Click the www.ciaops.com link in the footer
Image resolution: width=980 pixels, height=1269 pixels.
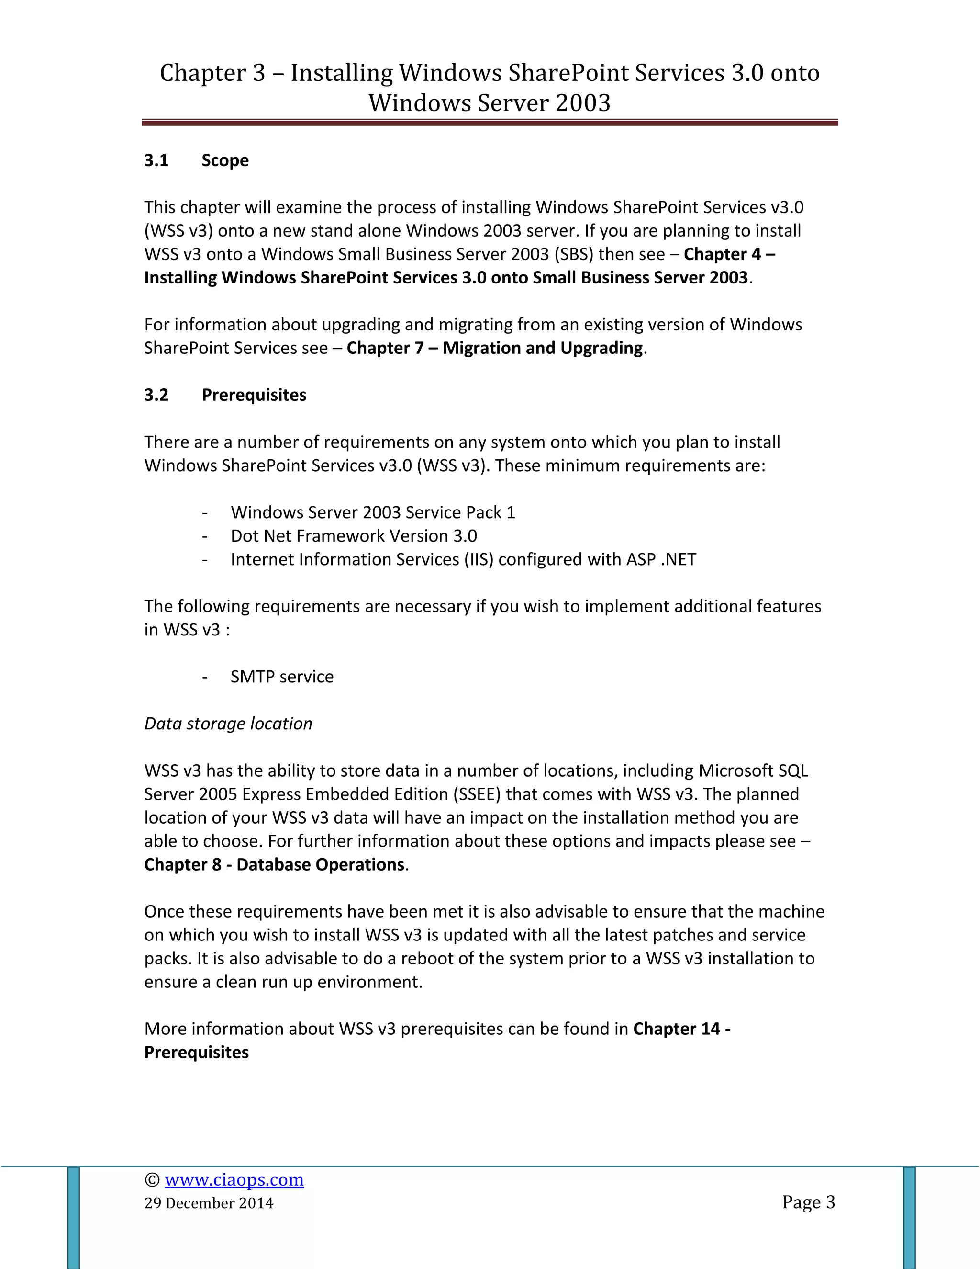coord(234,1179)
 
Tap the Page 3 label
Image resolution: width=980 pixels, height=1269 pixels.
coord(808,1201)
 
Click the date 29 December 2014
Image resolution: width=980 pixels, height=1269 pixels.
coord(209,1203)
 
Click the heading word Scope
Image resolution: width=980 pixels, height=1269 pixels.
coord(225,160)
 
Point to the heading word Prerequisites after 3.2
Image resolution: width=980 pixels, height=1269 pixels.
coord(254,395)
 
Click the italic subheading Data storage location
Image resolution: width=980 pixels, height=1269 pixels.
coord(228,724)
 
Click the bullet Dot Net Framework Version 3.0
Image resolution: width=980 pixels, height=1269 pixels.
coord(354,536)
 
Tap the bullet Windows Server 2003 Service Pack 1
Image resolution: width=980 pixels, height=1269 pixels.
coord(373,512)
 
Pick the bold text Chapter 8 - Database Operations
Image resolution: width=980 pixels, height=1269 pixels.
coord(274,864)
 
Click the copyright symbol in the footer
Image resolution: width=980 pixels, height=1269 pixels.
coord(152,1179)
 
